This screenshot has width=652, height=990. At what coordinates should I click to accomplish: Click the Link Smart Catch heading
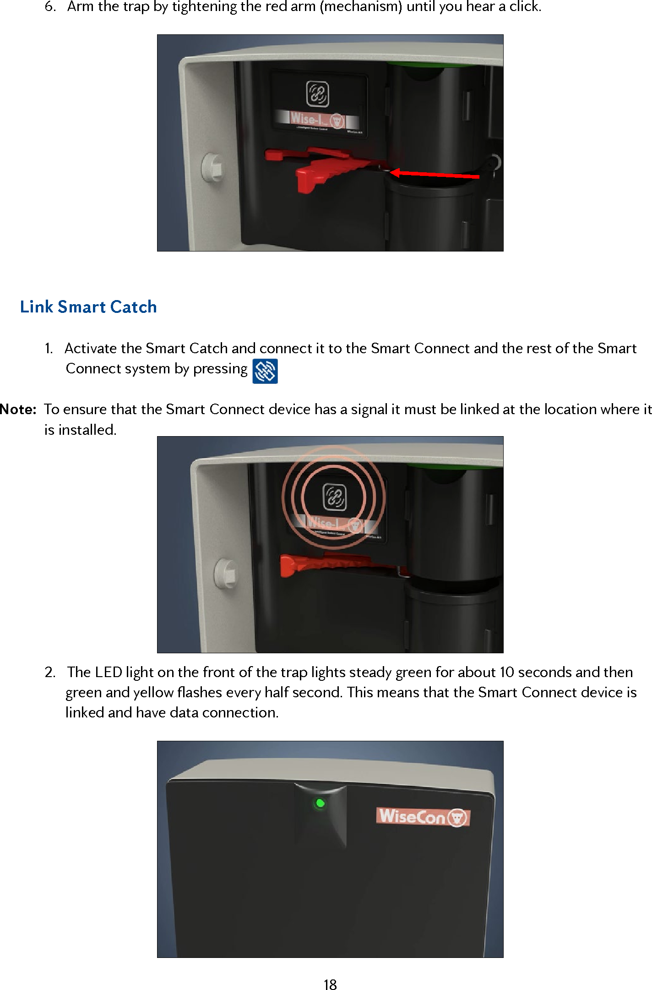click(x=88, y=307)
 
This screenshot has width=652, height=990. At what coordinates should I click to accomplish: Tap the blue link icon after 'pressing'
click(x=265, y=371)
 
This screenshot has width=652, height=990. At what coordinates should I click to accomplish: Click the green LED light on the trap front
click(x=320, y=803)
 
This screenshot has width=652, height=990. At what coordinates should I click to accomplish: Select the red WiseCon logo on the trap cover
click(x=423, y=817)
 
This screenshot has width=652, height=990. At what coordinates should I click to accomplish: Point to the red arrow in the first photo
click(x=435, y=174)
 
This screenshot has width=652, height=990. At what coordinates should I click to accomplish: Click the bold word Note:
click(x=18, y=409)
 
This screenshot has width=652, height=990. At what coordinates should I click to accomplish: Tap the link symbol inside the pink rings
click(x=335, y=497)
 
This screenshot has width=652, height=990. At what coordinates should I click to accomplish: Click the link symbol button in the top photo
click(x=317, y=93)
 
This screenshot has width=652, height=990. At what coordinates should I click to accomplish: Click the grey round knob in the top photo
click(x=213, y=167)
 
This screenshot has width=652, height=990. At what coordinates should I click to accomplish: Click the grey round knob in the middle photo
click(x=225, y=573)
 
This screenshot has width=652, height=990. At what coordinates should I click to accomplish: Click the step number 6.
click(x=50, y=7)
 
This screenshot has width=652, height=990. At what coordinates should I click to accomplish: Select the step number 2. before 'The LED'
click(x=50, y=672)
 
